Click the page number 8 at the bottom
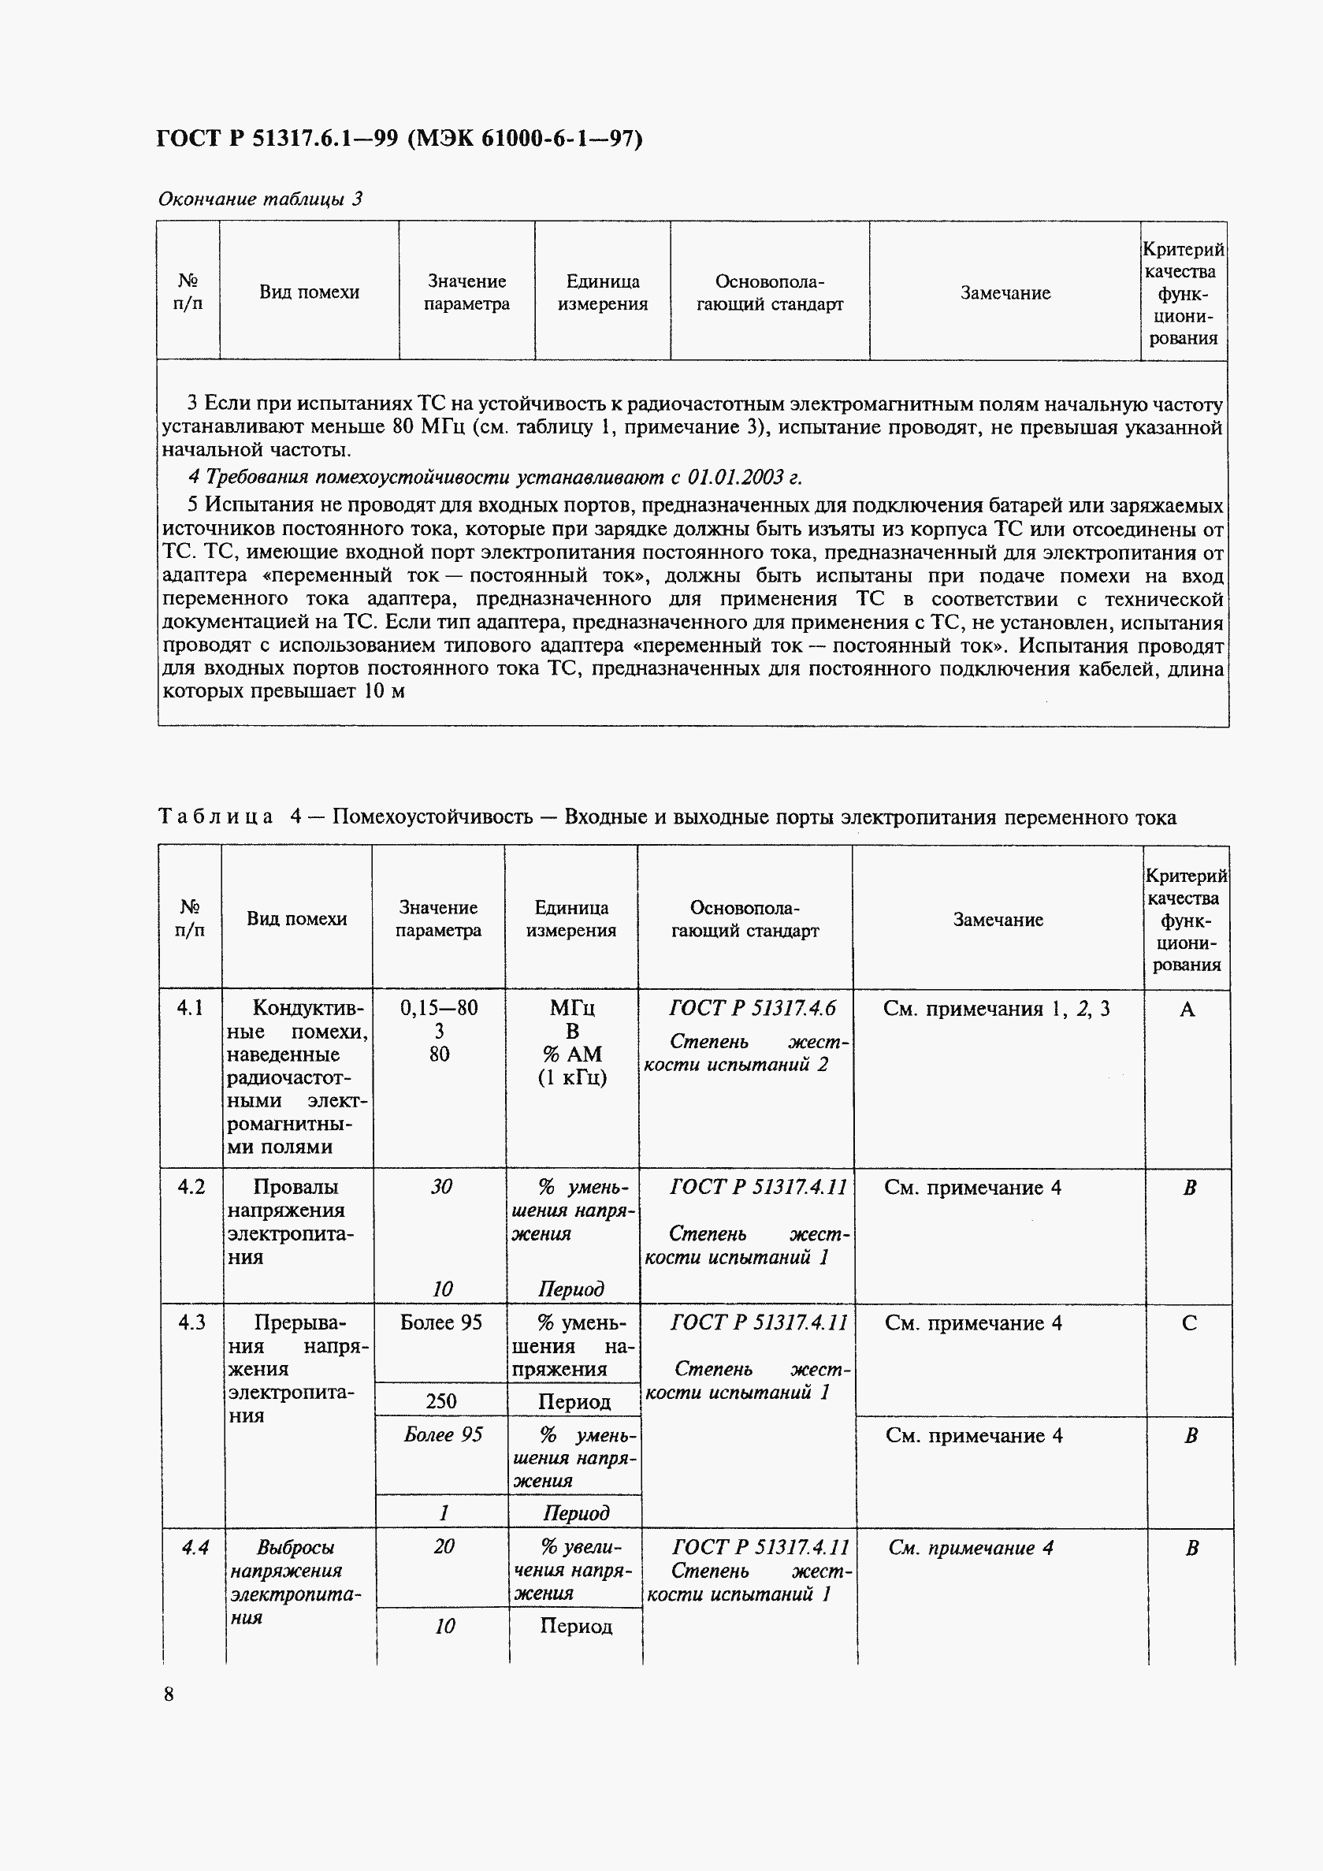click(169, 1694)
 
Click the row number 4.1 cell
click(190, 1008)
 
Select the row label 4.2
click(191, 1186)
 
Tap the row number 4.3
click(191, 1322)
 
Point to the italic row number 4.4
click(195, 1546)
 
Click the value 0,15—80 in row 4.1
click(438, 1008)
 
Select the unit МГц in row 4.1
click(572, 1008)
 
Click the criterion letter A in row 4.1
click(1187, 1010)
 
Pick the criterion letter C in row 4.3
click(1188, 1322)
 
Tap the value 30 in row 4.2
click(440, 1186)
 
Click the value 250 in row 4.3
click(440, 1400)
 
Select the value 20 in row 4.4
click(443, 1546)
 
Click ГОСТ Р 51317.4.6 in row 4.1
click(752, 1008)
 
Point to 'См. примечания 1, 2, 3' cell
click(995, 1009)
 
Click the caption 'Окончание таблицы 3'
click(260, 199)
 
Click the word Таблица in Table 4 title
click(216, 816)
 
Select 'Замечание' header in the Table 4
click(998, 919)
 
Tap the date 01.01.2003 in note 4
click(737, 477)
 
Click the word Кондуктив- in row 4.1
click(309, 1008)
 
